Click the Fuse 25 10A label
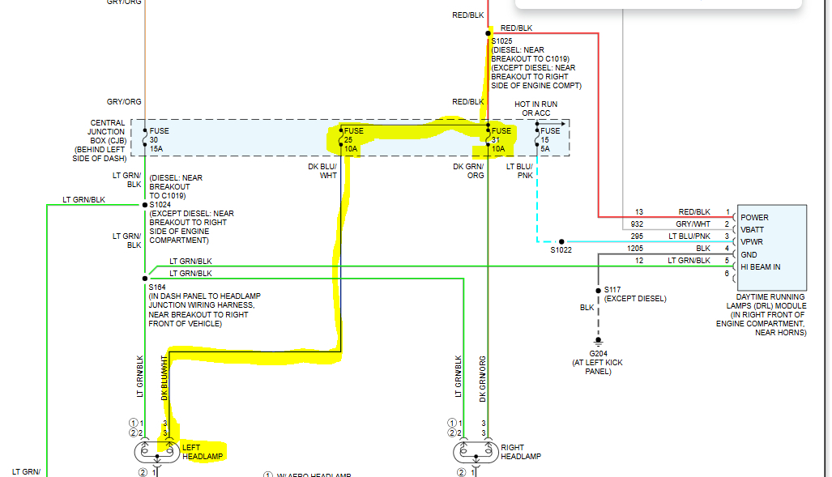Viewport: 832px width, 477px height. point(354,140)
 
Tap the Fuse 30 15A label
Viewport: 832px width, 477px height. point(158,139)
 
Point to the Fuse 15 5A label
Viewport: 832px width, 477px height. point(550,139)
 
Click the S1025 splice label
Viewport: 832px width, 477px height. point(502,40)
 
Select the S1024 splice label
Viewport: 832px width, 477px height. point(160,205)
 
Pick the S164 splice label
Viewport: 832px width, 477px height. point(156,287)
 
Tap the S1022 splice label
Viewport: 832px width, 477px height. point(561,249)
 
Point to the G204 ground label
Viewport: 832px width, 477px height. point(598,354)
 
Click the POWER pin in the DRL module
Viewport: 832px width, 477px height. point(754,218)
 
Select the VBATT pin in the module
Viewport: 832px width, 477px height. point(753,230)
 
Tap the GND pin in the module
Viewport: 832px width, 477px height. point(749,254)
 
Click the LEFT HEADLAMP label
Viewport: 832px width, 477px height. point(202,451)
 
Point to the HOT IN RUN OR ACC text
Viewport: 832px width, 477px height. point(535,109)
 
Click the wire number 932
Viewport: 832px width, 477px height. point(638,224)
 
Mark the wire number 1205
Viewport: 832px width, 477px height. point(635,249)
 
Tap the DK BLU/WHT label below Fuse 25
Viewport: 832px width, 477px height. point(327,171)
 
